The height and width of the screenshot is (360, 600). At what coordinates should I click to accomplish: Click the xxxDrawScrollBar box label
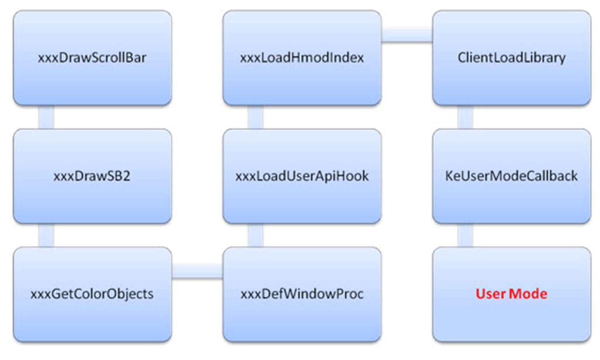point(92,58)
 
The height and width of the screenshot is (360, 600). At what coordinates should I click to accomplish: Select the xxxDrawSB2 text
point(92,176)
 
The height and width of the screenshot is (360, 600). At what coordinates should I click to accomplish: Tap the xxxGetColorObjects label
point(92,294)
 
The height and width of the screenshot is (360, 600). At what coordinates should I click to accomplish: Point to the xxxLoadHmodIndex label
point(302,58)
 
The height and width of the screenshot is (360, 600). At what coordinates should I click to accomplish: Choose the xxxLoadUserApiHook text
point(302,176)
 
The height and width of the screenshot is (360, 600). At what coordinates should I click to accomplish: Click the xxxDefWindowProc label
point(302,294)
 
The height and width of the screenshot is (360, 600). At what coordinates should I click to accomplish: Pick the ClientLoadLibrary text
point(512,58)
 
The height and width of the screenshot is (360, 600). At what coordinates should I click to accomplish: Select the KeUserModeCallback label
point(512,176)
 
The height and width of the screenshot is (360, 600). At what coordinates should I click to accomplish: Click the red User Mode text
point(512,294)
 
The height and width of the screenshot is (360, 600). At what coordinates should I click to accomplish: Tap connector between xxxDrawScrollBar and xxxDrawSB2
point(46,117)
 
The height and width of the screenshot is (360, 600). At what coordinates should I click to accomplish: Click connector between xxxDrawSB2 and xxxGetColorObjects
point(46,235)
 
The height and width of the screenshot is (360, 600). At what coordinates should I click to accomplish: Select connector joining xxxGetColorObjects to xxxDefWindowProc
point(197,271)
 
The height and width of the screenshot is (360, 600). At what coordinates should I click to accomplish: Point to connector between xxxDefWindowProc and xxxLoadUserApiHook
point(255,235)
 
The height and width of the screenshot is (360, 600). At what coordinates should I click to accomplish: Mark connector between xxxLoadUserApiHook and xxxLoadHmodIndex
point(255,117)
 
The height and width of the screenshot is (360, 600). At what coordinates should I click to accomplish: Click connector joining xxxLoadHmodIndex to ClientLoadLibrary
point(407,35)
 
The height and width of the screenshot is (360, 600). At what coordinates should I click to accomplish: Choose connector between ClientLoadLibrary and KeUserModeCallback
point(465,117)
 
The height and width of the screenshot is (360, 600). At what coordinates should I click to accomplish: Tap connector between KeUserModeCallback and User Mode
point(465,235)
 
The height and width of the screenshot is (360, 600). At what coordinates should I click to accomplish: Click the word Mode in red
point(528,294)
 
